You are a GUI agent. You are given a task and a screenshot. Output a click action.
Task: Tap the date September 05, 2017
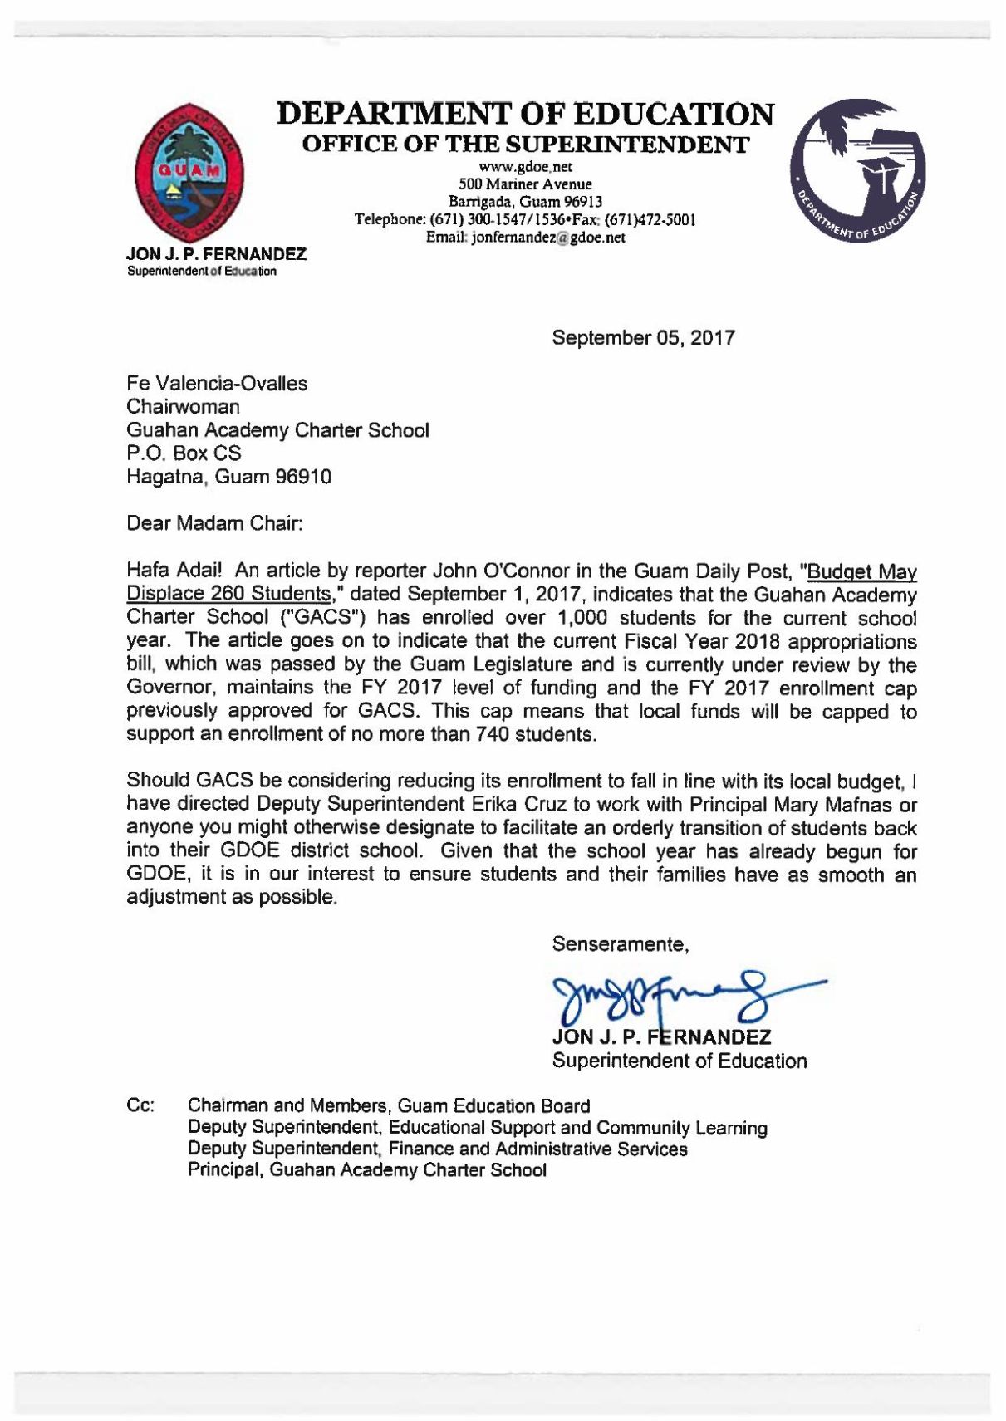tap(643, 338)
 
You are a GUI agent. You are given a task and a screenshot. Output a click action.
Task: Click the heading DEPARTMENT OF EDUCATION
tap(525, 114)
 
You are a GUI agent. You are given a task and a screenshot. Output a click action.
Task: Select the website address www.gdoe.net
tap(525, 167)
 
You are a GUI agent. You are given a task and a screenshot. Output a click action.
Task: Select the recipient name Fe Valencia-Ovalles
tap(217, 384)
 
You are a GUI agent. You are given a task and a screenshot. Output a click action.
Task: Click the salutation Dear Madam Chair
tap(214, 524)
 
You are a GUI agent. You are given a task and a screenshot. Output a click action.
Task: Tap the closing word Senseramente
tap(620, 944)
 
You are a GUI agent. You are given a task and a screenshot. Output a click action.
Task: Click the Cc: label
tap(140, 1106)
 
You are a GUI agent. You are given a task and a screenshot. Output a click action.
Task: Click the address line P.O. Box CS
tap(184, 453)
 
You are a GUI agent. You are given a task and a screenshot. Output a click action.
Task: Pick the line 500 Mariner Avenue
tap(525, 184)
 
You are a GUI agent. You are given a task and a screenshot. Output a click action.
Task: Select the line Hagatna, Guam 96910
tap(228, 477)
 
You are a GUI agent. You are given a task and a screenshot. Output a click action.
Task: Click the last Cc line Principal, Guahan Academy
tap(366, 1170)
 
